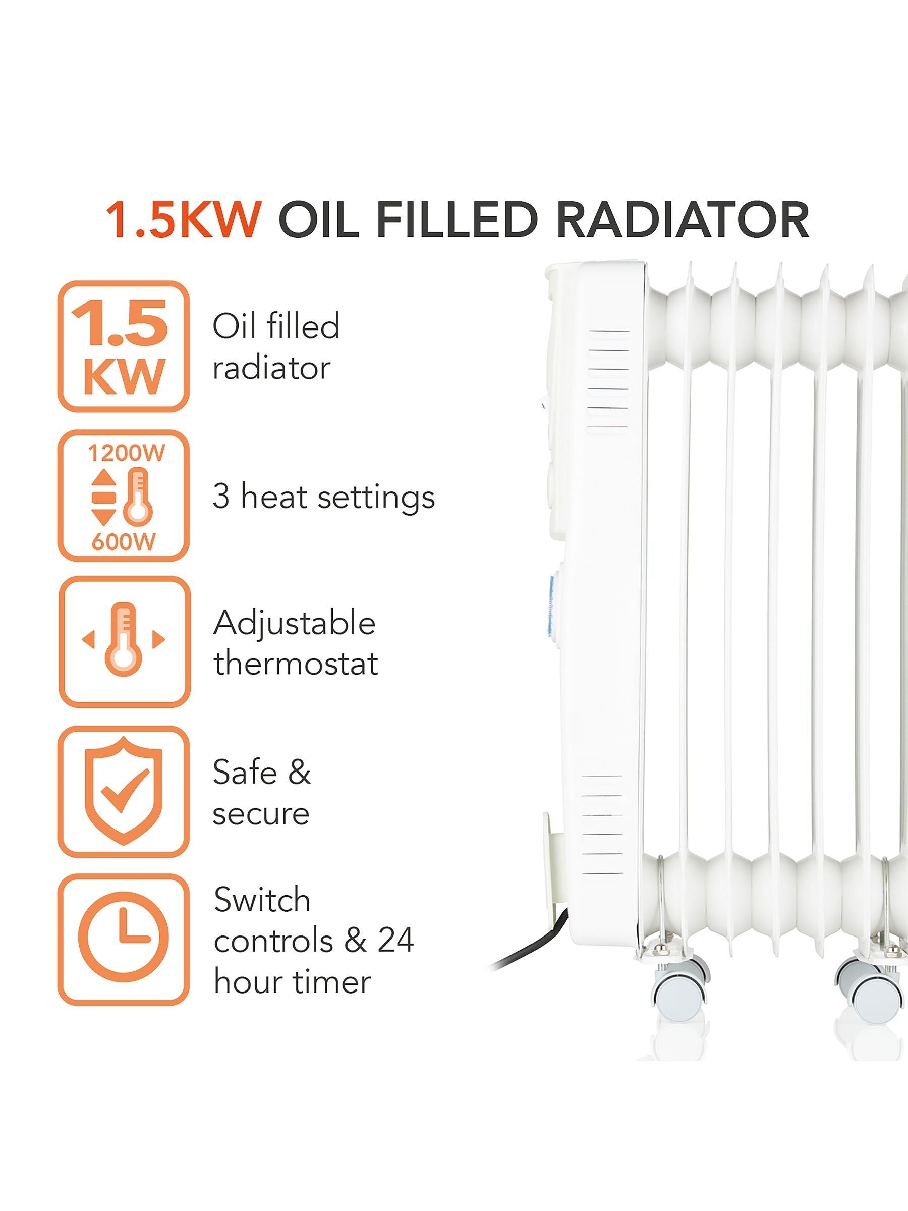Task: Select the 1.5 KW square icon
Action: [124, 347]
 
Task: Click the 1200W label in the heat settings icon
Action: [127, 453]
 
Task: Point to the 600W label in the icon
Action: [124, 541]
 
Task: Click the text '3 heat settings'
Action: [323, 497]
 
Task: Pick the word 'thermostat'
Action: [296, 664]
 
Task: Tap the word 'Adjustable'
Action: [295, 624]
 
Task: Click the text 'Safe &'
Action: [262, 772]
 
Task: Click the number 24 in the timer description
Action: [395, 940]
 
